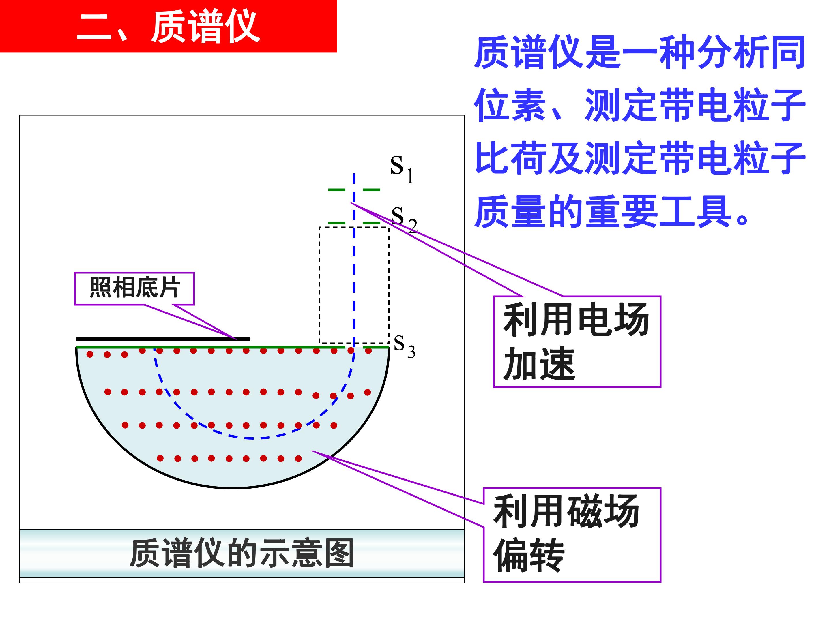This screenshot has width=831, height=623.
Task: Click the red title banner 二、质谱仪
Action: pos(168,26)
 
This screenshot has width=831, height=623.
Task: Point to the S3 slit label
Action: pos(405,346)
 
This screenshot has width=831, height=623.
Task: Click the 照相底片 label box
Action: pos(134,288)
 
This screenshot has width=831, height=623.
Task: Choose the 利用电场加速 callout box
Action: pos(577,342)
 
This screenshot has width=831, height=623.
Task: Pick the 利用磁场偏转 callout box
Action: pos(572,535)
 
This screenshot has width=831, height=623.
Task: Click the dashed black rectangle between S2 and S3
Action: pos(319,285)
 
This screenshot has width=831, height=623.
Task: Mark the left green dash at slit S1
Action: pos(337,190)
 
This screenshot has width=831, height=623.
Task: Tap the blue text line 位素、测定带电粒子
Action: pos(639,105)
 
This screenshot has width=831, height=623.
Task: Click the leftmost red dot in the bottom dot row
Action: pos(160,458)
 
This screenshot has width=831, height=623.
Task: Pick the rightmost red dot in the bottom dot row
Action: pos(298,458)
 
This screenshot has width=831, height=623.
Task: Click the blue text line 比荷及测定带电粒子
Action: pos(639,158)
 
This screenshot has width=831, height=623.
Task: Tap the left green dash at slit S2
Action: pos(337,223)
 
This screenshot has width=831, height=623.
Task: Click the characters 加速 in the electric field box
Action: pos(539,363)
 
